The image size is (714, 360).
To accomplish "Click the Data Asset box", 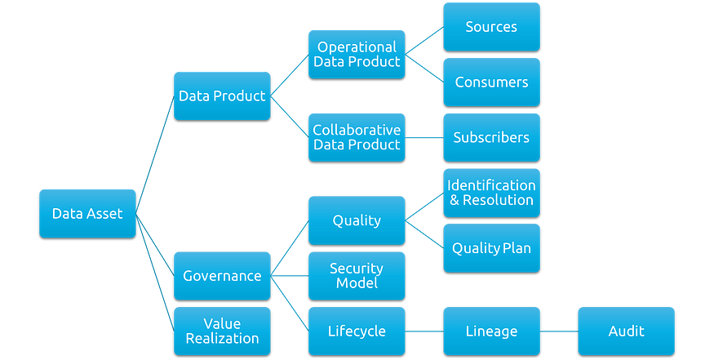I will [87, 214].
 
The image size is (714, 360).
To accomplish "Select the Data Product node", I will [222, 96].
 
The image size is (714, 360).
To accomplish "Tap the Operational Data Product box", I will [357, 54].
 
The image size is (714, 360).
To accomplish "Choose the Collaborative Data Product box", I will [357, 137].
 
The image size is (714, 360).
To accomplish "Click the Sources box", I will [491, 27].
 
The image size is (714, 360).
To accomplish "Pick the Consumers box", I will [491, 82].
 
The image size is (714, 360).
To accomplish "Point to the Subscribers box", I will [491, 137].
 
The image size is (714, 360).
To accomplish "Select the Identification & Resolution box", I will [491, 193].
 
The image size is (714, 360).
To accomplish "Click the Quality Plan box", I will [491, 247].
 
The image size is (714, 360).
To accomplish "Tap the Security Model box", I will [357, 275].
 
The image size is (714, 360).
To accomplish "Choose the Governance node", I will [222, 275].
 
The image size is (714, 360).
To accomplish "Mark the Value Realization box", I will [222, 331].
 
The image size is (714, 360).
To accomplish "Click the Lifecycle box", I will [357, 331].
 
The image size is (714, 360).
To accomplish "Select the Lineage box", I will [491, 331].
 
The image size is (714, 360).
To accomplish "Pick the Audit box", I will [626, 331].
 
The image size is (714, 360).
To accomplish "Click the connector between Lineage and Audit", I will [558, 331].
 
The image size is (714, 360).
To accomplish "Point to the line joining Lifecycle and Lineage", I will [424, 331].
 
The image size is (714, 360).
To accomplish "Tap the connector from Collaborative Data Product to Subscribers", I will [424, 137].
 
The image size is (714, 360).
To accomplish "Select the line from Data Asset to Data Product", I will [155, 155].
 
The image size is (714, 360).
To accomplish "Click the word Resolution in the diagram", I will [498, 200].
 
